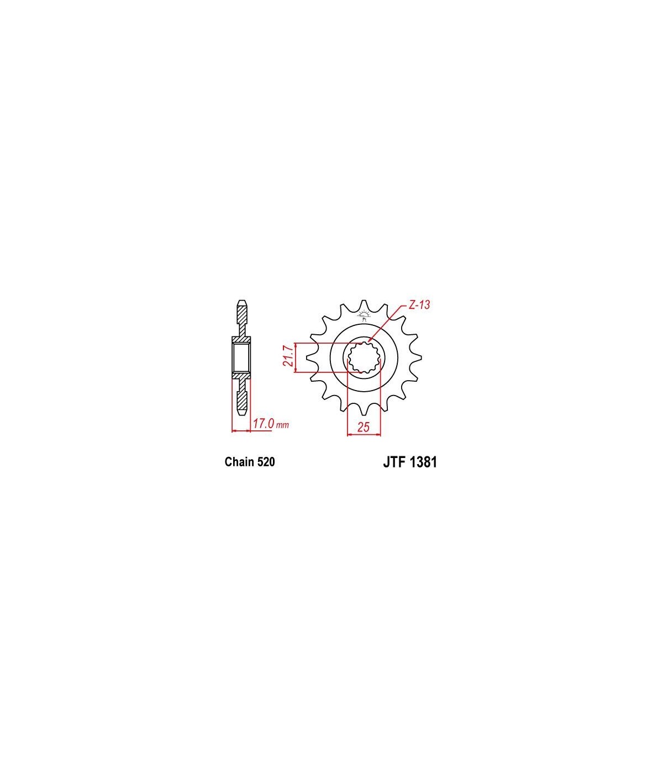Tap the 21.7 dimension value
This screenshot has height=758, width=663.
click(288, 355)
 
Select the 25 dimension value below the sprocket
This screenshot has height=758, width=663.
click(364, 427)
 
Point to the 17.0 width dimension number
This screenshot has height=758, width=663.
click(264, 423)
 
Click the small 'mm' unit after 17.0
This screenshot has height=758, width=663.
click(282, 425)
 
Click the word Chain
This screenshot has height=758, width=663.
click(239, 462)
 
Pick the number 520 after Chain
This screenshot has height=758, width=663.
click(266, 462)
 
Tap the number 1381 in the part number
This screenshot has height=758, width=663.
click(423, 462)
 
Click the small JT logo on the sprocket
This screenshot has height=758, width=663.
click(364, 315)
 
